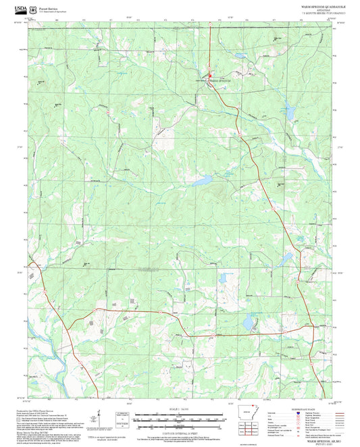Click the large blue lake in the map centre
(201, 181)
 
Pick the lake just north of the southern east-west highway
(249, 324)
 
